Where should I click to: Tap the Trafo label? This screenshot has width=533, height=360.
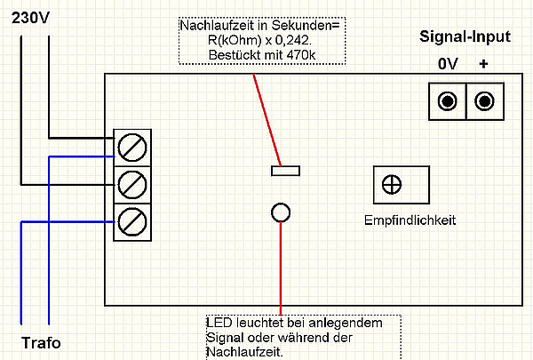pyautogui.click(x=41, y=343)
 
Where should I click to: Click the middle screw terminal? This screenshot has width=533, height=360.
pyautogui.click(x=132, y=184)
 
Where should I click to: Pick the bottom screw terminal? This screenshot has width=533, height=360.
pyautogui.click(x=132, y=220)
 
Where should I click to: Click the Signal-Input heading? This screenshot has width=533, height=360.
pyautogui.click(x=465, y=36)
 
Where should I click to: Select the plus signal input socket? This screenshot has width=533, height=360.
pyautogui.click(x=484, y=101)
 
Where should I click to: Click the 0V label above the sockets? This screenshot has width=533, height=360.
pyautogui.click(x=448, y=66)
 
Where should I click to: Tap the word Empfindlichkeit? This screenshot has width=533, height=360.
pyautogui.click(x=410, y=220)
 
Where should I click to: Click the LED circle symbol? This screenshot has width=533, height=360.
pyautogui.click(x=281, y=212)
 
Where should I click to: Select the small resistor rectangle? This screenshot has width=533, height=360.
pyautogui.click(x=287, y=170)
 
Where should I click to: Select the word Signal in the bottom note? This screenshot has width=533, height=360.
pyautogui.click(x=224, y=338)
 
